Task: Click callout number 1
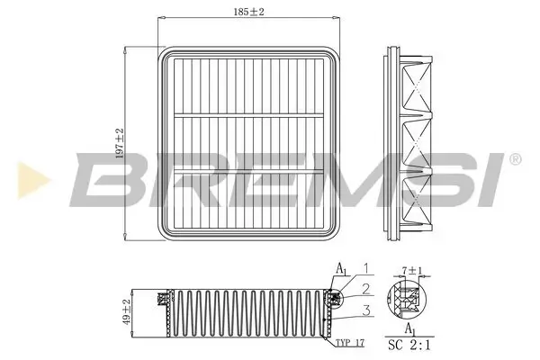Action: click(365, 268)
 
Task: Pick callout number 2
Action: click(365, 288)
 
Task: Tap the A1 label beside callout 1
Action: click(341, 269)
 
